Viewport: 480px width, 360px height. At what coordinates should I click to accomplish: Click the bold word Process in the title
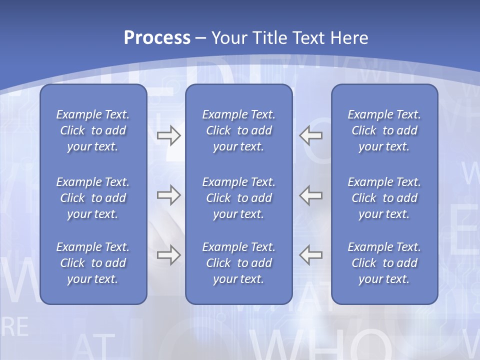click(x=157, y=38)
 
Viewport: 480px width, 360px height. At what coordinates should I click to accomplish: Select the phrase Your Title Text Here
click(x=290, y=38)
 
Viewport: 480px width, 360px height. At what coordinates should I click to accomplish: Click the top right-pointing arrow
click(x=168, y=135)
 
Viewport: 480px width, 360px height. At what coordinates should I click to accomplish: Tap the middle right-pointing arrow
click(x=168, y=195)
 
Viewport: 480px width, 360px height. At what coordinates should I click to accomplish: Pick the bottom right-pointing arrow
click(x=168, y=255)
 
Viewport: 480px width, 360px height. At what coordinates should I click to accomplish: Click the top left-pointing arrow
click(x=310, y=135)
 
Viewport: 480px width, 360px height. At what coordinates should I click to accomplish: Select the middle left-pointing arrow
click(x=310, y=195)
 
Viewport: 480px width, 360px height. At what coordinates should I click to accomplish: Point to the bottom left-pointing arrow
click(x=310, y=255)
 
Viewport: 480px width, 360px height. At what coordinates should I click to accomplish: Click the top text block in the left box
click(x=93, y=130)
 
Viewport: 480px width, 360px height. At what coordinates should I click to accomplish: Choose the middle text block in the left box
click(x=93, y=198)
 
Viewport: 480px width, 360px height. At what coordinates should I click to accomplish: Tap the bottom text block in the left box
click(x=93, y=263)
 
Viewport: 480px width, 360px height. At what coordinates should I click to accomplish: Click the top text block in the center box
click(x=238, y=130)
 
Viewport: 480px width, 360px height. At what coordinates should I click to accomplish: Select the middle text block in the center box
click(x=238, y=198)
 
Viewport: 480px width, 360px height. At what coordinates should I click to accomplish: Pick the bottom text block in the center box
click(x=238, y=263)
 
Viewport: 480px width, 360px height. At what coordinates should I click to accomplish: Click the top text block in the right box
click(x=384, y=130)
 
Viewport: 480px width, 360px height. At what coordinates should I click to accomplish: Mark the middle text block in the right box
click(x=384, y=198)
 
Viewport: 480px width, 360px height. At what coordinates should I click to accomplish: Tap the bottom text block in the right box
click(x=384, y=263)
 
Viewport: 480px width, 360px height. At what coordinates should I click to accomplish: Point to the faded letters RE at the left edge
click(x=15, y=327)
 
